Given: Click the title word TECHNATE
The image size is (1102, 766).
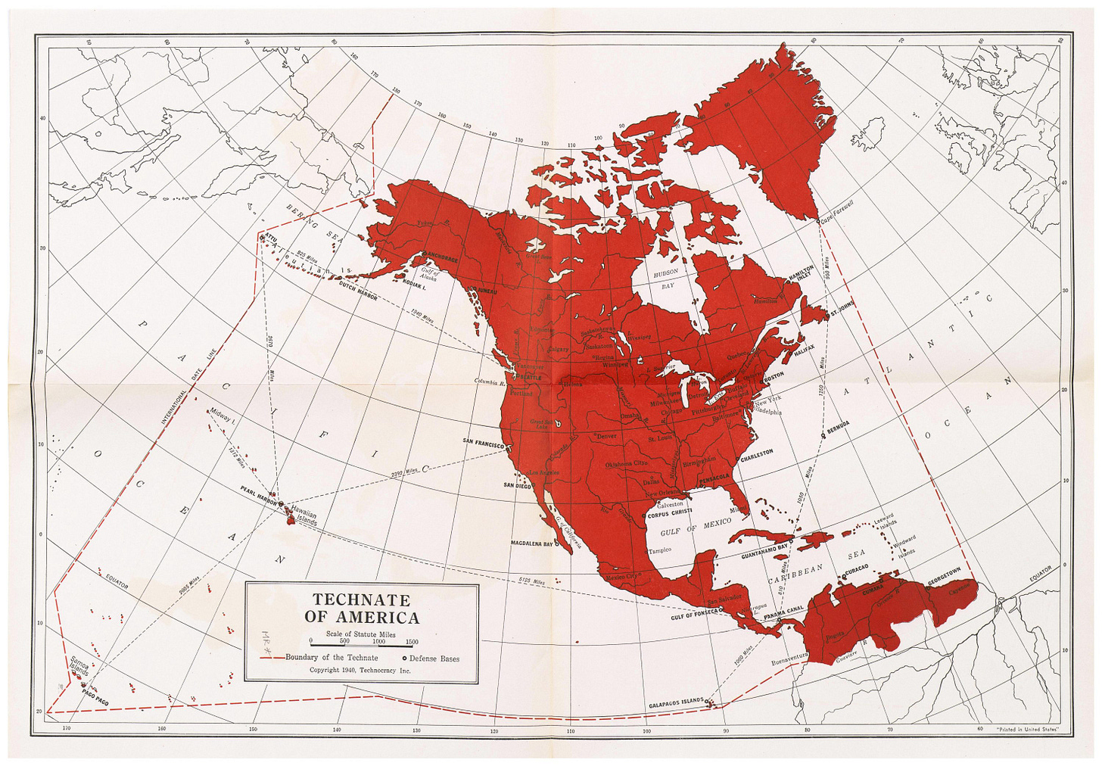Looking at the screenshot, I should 361,599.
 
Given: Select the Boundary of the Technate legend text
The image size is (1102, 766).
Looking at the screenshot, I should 332,658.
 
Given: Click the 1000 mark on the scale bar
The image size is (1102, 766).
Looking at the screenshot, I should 378,641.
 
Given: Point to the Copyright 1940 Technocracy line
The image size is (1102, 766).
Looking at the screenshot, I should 360,670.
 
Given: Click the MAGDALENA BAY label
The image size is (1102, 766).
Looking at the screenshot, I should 532,543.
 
